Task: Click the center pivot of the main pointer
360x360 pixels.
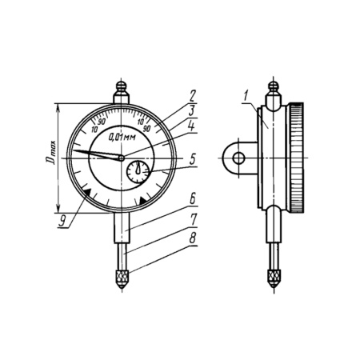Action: tap(122, 158)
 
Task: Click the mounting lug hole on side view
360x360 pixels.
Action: tap(238, 158)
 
